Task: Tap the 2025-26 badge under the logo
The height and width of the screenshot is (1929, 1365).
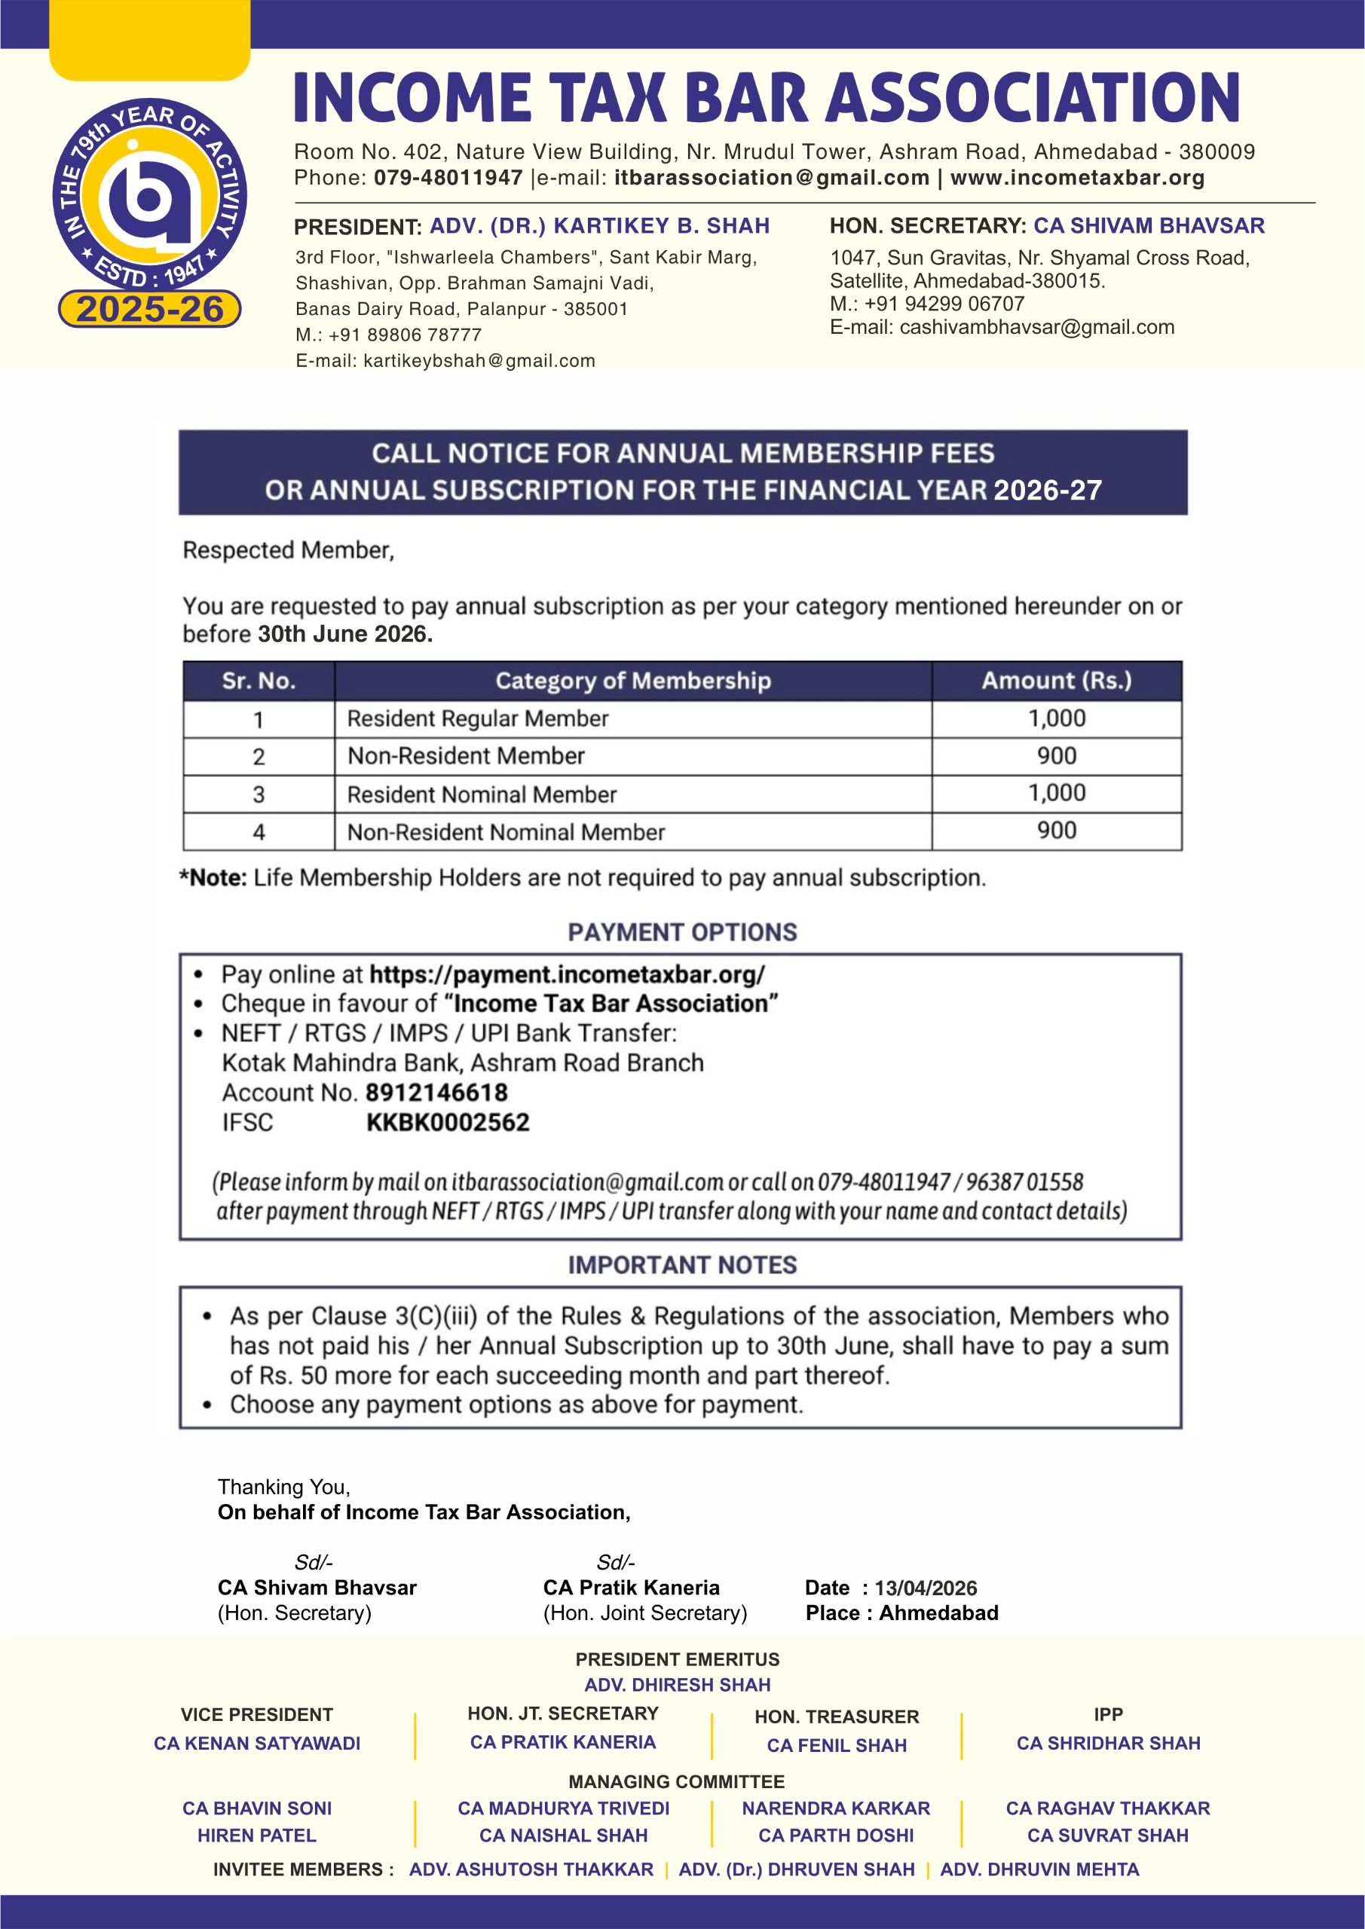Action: click(x=149, y=309)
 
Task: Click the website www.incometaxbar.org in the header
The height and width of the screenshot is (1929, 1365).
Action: click(x=1077, y=178)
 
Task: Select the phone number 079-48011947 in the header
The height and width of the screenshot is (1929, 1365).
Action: click(x=448, y=178)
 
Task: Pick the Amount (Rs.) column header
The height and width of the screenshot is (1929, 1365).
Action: click(x=1057, y=680)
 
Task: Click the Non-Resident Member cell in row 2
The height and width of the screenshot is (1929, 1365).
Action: click(x=466, y=756)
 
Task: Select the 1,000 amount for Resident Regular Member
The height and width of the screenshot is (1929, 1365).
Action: click(x=1057, y=718)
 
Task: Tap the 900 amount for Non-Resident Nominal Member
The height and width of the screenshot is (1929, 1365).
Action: click(x=1057, y=831)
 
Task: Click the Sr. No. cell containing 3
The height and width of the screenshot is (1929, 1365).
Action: click(x=259, y=794)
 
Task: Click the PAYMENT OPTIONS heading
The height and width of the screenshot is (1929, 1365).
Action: click(x=683, y=933)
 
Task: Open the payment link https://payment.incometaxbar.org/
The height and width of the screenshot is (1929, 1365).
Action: click(x=568, y=974)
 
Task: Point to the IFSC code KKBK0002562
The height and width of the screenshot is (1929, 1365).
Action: click(x=448, y=1123)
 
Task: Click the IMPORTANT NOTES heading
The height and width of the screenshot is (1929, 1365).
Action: click(x=683, y=1265)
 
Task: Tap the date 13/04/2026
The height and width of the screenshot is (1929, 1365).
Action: click(x=926, y=1588)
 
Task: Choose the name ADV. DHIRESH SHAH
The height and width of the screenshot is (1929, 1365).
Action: click(x=678, y=1685)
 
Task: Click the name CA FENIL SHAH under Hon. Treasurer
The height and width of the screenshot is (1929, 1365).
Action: click(x=837, y=1745)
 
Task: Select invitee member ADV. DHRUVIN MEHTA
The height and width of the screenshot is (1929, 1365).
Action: click(x=1039, y=1869)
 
